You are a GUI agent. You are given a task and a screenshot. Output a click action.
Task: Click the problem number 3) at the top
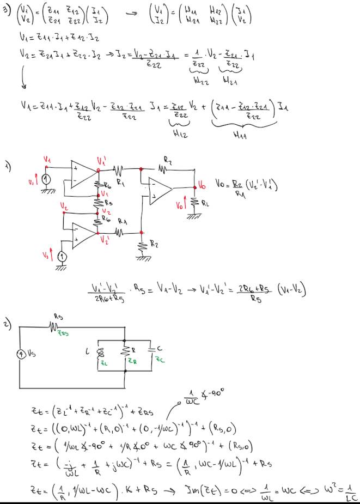6,9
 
